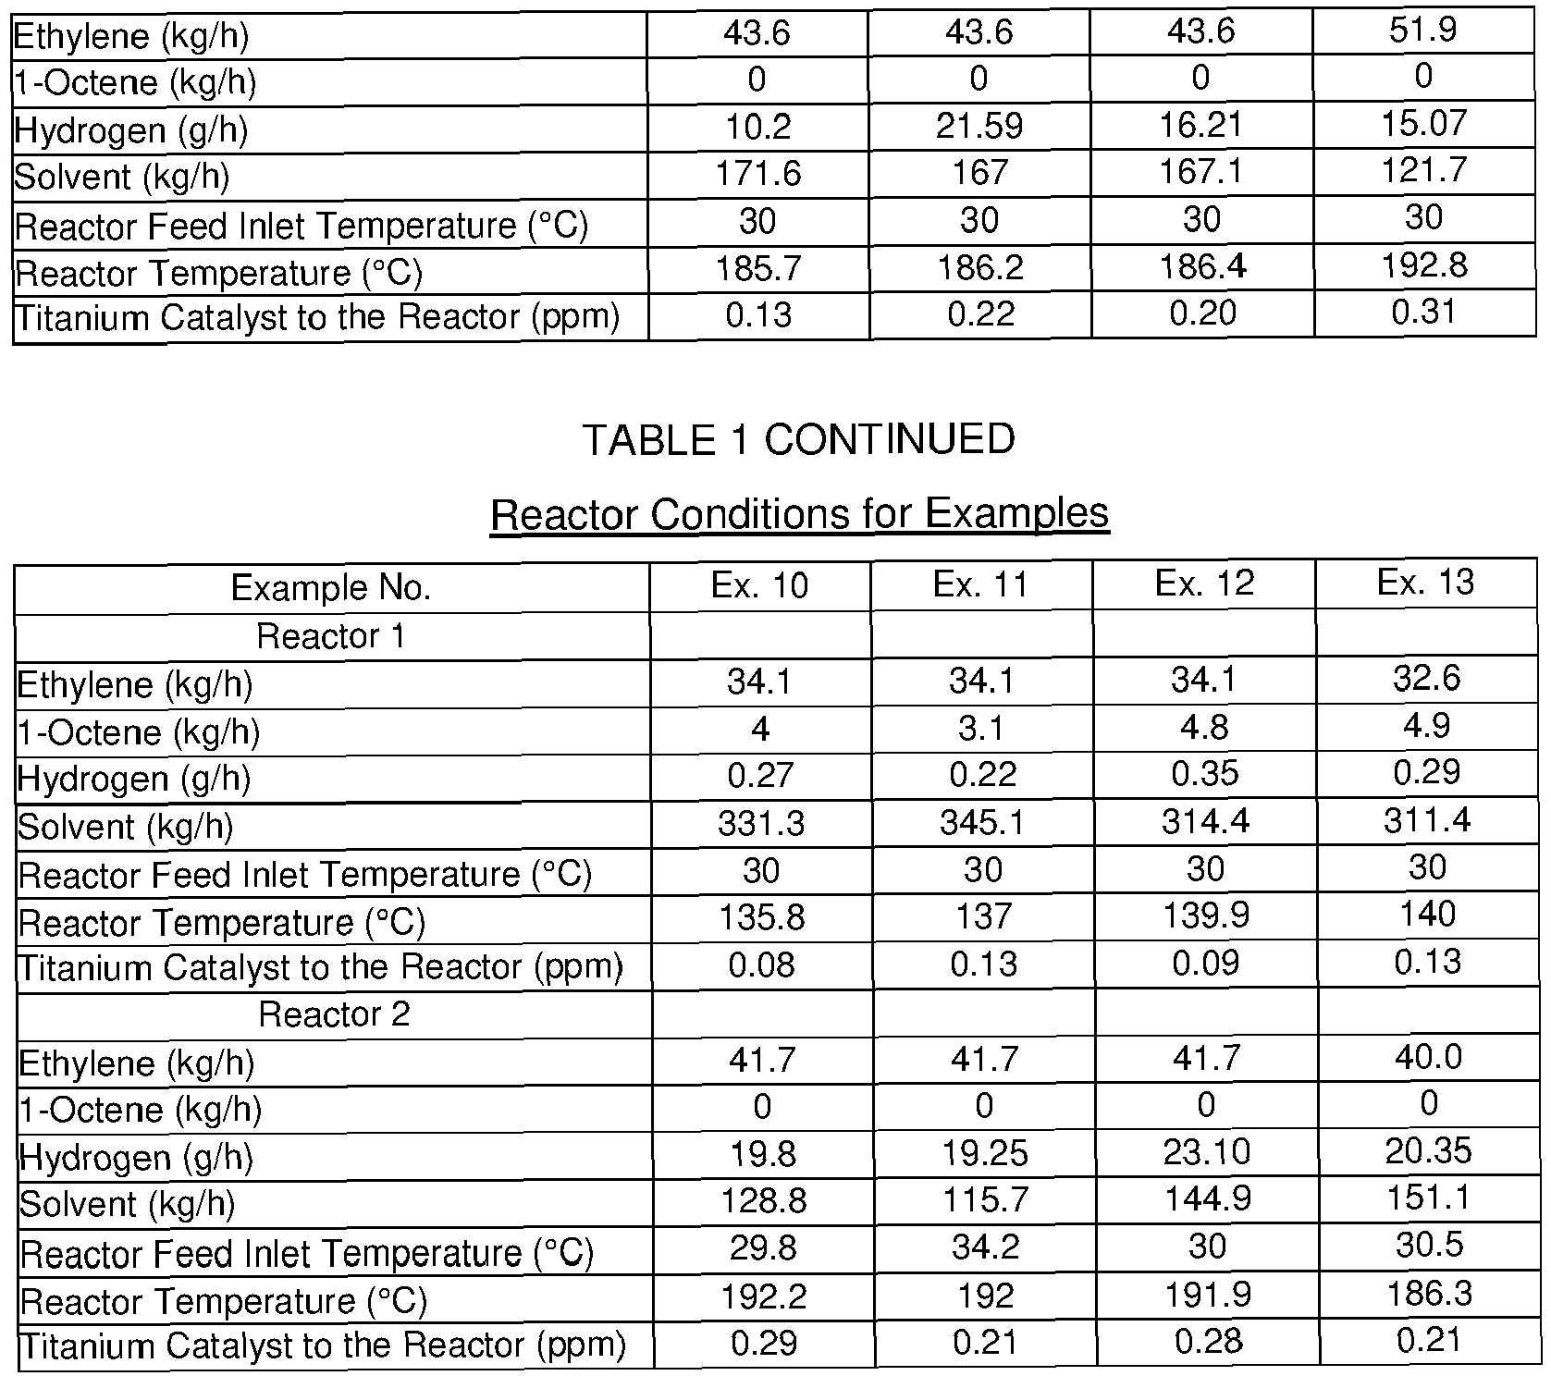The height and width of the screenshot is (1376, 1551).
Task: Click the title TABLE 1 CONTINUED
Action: [798, 439]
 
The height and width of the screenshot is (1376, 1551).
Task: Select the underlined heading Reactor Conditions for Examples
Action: [799, 513]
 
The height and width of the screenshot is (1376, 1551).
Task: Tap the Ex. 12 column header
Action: [1204, 584]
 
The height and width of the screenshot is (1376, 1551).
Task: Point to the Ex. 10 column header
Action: [759, 585]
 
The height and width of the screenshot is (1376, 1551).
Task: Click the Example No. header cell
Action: [331, 588]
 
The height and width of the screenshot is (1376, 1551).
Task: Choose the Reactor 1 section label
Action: [331, 636]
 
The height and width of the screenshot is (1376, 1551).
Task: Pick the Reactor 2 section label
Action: [334, 1014]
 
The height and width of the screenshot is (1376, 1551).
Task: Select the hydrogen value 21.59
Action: [979, 125]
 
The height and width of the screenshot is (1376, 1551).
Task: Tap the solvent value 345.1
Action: [982, 822]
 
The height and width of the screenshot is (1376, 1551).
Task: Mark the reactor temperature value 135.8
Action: [761, 917]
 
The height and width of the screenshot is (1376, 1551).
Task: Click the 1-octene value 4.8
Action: [1204, 727]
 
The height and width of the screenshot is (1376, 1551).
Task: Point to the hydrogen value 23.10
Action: [1207, 1152]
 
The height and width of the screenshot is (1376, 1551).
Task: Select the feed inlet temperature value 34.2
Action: [985, 1247]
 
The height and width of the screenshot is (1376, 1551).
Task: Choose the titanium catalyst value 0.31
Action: [1424, 313]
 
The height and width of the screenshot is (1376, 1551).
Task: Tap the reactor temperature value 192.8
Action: [1424, 265]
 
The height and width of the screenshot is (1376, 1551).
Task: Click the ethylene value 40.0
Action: [1428, 1057]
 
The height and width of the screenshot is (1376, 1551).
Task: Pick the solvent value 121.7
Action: [1424, 171]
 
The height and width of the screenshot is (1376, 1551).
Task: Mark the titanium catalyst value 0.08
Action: [761, 965]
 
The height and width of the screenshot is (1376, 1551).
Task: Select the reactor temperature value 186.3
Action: [1429, 1293]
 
